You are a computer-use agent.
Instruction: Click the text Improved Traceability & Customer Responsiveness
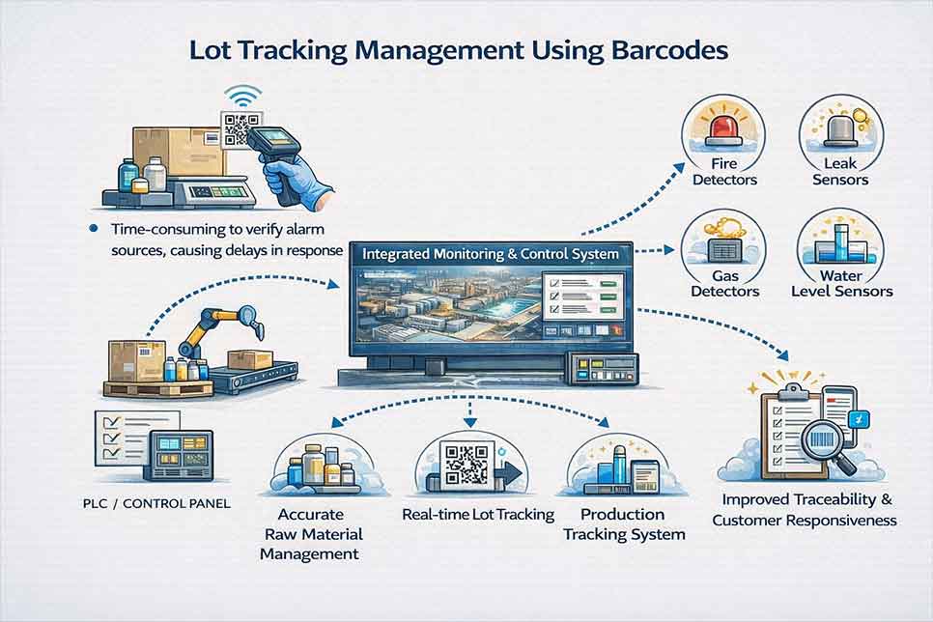click(x=804, y=511)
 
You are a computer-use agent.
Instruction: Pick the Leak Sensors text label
click(x=840, y=172)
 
